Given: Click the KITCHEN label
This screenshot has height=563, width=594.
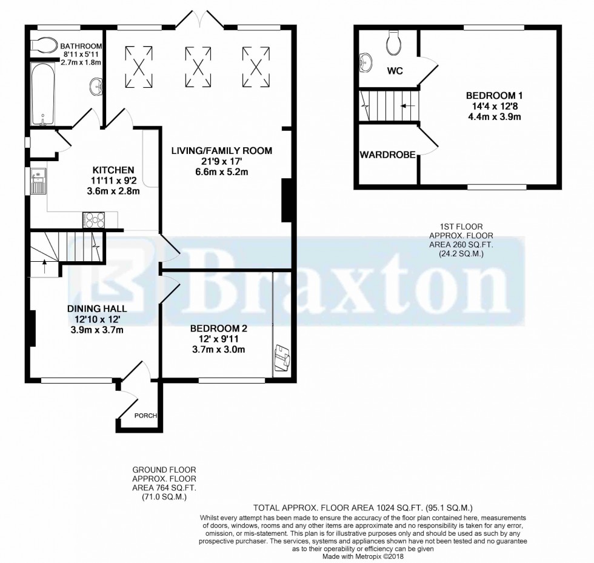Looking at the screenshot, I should point(113,170).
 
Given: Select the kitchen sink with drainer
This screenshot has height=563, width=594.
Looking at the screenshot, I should point(38,180).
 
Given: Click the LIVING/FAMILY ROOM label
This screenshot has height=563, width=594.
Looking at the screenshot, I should point(221,150).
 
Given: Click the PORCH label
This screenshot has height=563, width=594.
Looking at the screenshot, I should point(146,416).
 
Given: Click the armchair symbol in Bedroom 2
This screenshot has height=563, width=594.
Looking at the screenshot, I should point(282,358).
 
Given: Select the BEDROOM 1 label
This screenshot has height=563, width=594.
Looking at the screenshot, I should point(494,96).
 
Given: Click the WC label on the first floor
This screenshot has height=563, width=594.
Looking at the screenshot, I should point(396,71).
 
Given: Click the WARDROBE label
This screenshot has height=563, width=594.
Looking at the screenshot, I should point(387,155).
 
